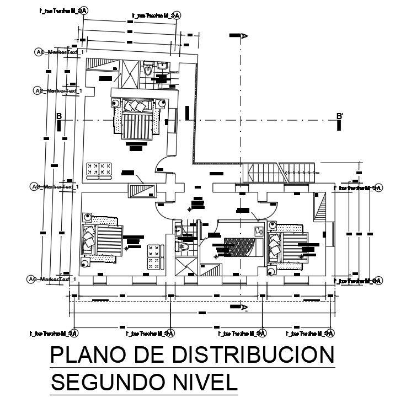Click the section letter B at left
pyautogui.click(x=58, y=116)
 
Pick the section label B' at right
pyautogui.click(x=340, y=116)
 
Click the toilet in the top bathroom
pyautogui.click(x=147, y=70)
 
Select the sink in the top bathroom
pyautogui.click(x=163, y=67)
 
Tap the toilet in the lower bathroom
pyautogui.click(x=186, y=246)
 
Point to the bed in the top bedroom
pyautogui.click(x=135, y=117)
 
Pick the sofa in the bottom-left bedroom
pyautogui.click(x=156, y=256)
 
